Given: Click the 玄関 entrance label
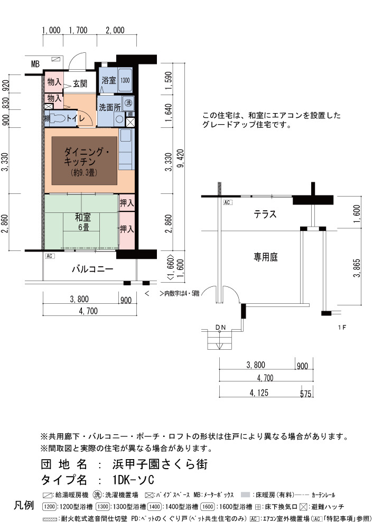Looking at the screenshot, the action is click(80, 83).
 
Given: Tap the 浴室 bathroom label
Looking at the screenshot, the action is click(108, 80).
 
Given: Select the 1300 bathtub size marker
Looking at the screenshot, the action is click(125, 80).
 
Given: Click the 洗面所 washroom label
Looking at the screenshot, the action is click(109, 108).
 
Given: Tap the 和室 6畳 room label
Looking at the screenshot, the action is click(82, 222).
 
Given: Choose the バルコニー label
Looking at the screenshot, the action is click(92, 269).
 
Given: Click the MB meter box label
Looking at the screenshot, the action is click(35, 64).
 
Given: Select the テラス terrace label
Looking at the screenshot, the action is click(265, 214).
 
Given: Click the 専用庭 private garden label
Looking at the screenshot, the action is click(265, 257).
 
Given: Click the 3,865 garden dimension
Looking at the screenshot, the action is click(357, 268).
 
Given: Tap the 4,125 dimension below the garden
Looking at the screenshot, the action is click(259, 393).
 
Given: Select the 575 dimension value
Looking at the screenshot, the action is click(305, 394).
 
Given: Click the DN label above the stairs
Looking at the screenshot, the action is click(220, 327).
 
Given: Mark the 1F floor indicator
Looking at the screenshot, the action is click(342, 327).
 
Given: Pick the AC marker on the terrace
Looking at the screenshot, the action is click(228, 202).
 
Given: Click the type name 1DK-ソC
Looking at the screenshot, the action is click(133, 480).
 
